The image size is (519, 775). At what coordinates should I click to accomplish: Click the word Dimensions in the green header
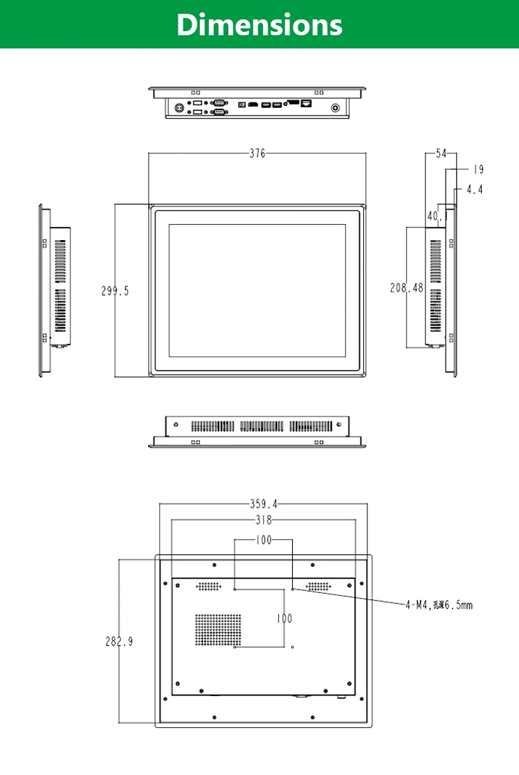point(259,24)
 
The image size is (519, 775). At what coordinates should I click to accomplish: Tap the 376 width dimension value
point(257,154)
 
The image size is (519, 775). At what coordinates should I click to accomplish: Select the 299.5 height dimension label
point(115,291)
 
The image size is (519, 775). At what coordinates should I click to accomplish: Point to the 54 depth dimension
point(441,154)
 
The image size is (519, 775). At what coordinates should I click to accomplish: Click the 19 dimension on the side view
point(478,170)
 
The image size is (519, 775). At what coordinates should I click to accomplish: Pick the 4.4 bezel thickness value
point(474,189)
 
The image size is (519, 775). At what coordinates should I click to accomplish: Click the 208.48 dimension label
point(406,288)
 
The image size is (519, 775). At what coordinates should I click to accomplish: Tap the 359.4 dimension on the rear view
point(264,504)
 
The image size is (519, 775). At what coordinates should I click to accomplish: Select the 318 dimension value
point(264,520)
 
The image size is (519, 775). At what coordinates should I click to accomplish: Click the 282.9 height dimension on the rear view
point(119,641)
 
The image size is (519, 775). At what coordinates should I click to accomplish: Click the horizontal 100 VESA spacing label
point(264,540)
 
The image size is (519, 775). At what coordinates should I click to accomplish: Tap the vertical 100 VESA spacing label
point(284,619)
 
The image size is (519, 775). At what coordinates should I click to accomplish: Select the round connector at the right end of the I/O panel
point(337,108)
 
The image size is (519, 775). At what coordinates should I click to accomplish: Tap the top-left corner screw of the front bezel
point(152,206)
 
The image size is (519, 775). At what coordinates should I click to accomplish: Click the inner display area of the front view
point(257,291)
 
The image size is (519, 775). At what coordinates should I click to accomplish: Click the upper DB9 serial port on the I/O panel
point(219,102)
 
